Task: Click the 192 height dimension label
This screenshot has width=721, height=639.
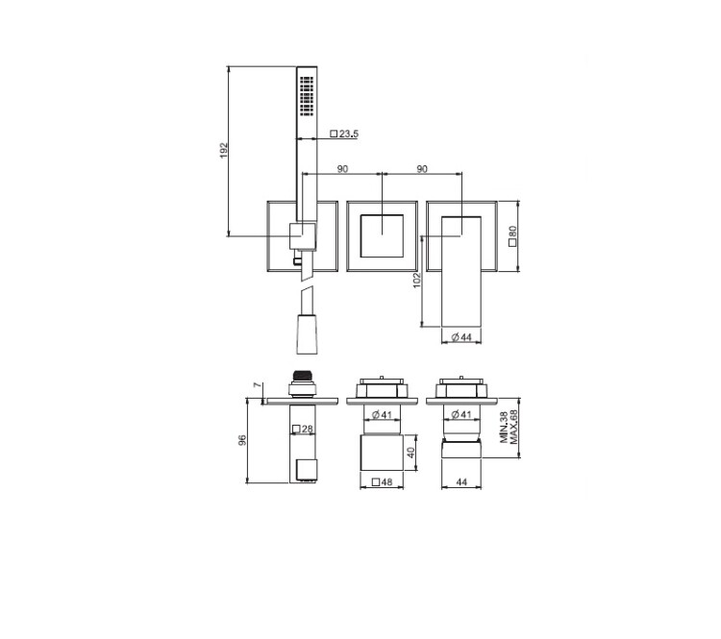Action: click(224, 150)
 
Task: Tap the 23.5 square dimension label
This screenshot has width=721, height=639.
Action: click(344, 134)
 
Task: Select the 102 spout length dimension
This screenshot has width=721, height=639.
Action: click(416, 280)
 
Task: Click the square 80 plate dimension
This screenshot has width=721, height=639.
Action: click(513, 235)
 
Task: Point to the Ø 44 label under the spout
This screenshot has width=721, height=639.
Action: click(461, 337)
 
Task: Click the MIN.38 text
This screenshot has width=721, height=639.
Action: click(505, 427)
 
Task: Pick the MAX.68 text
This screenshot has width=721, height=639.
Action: click(513, 427)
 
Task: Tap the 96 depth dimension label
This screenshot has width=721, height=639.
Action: click(242, 440)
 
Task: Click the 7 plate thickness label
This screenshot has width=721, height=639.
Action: click(258, 384)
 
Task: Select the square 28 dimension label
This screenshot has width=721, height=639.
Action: click(303, 429)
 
